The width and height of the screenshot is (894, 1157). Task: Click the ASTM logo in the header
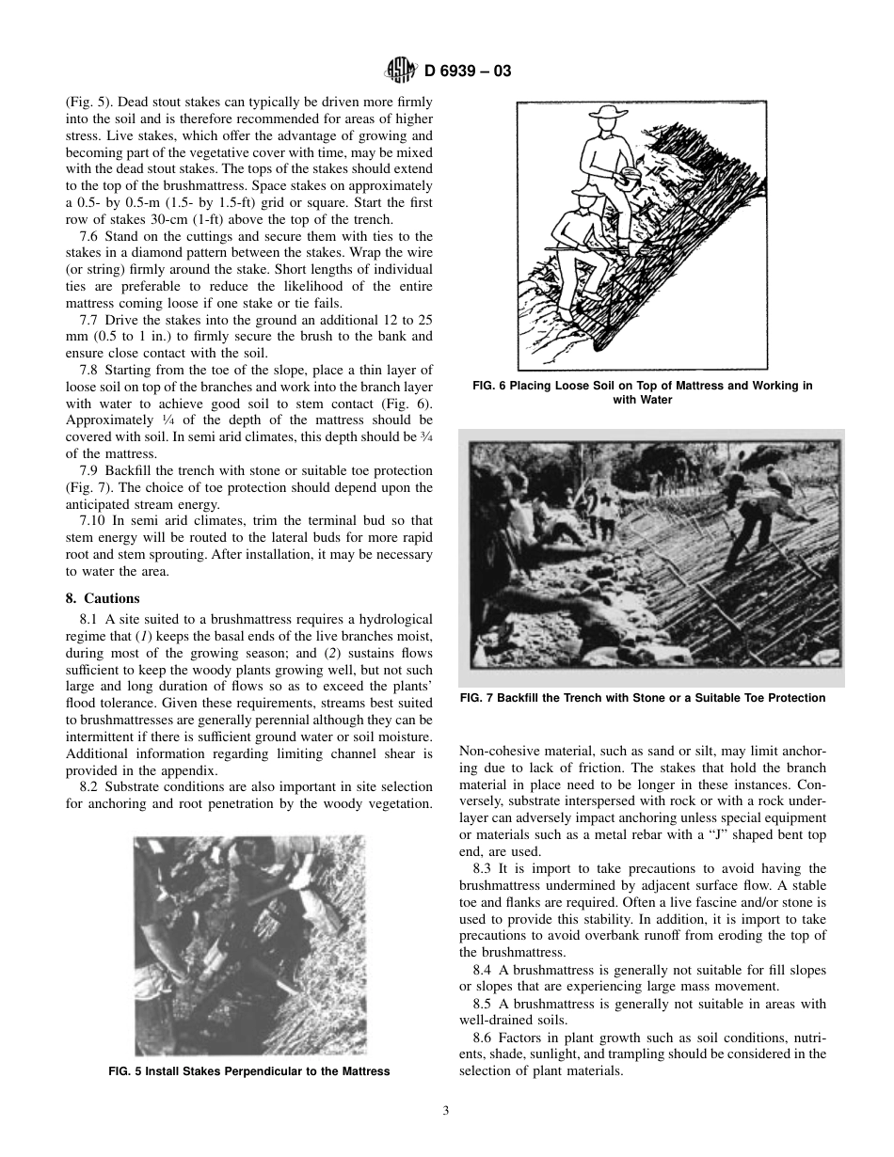click(401, 70)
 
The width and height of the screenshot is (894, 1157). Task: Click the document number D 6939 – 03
click(468, 71)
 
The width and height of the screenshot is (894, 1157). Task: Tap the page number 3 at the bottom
click(446, 1110)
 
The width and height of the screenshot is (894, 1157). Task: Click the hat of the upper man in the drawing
click(607, 115)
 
